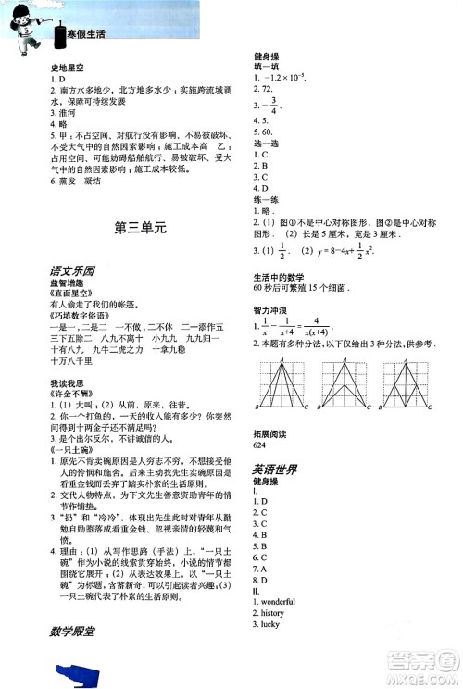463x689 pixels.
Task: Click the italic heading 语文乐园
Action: tap(73, 272)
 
